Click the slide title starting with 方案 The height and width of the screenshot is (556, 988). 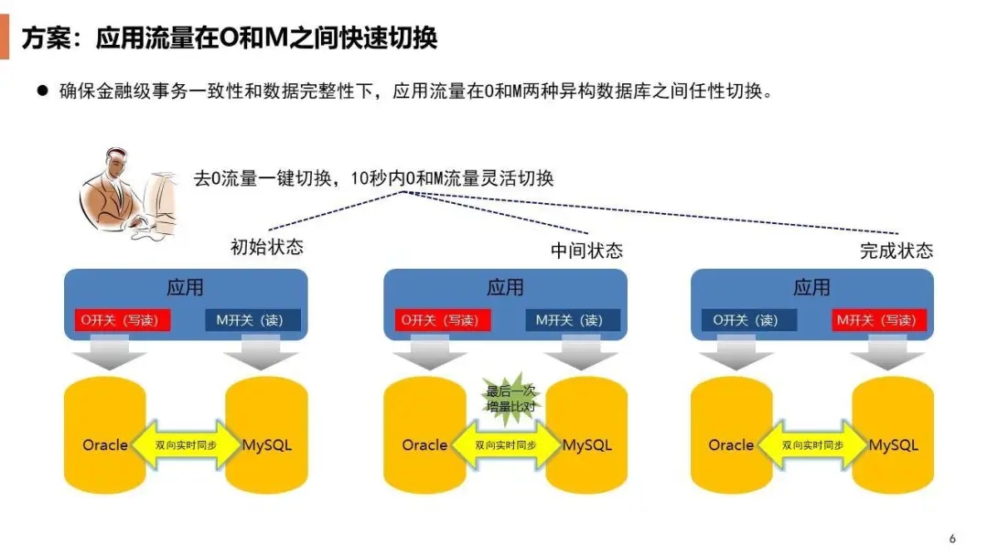(x=230, y=37)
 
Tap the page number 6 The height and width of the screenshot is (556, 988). (x=952, y=538)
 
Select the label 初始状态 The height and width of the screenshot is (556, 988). (x=266, y=247)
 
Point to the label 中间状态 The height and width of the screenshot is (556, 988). (x=586, y=250)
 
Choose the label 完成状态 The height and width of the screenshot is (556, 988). (x=897, y=250)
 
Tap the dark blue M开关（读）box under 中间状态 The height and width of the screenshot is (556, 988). (x=573, y=320)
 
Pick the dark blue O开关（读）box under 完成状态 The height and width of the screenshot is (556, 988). (x=748, y=320)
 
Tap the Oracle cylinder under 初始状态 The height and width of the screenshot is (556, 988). (x=104, y=430)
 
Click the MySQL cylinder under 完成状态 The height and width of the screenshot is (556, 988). (x=893, y=430)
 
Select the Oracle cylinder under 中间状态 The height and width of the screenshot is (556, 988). (x=424, y=430)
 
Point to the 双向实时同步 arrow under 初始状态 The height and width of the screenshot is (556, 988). (x=185, y=445)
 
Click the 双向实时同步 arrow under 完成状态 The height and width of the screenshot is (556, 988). (x=812, y=445)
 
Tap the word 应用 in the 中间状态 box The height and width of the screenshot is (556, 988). (x=505, y=287)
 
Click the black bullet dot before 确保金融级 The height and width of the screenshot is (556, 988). (x=42, y=91)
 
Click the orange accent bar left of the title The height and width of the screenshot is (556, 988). (x=5, y=37)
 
